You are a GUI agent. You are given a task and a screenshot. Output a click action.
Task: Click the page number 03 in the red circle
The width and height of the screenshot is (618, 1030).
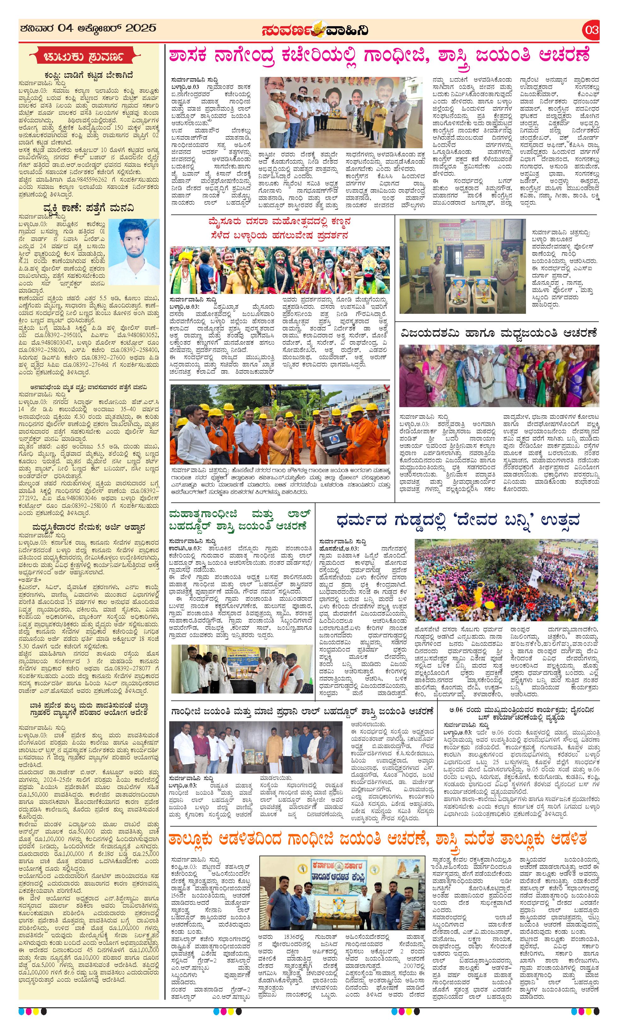(591, 30)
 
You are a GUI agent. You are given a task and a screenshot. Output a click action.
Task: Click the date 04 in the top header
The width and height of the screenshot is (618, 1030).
(66, 28)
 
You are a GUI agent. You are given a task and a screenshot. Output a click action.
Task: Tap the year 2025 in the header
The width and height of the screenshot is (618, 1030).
(141, 28)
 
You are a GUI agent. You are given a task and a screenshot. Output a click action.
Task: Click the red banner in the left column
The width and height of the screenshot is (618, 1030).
(89, 57)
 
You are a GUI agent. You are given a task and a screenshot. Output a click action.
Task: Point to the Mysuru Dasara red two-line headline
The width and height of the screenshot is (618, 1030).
(280, 228)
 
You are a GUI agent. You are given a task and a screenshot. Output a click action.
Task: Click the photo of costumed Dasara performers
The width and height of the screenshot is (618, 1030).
(280, 270)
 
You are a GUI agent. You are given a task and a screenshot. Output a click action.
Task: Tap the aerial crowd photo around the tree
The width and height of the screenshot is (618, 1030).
(506, 580)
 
